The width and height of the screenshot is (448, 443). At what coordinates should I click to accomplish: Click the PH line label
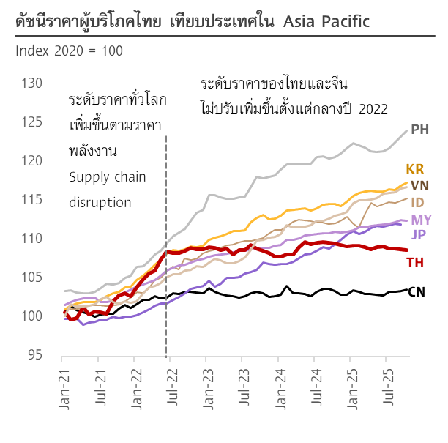tap(419, 130)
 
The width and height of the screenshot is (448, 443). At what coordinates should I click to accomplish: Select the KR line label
tap(415, 169)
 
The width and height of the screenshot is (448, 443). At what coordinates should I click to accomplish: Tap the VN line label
tap(419, 185)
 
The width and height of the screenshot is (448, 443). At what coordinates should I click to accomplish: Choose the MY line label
tap(421, 220)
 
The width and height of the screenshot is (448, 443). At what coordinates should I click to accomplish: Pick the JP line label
tap(418, 234)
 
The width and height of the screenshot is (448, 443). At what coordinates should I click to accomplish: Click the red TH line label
tap(415, 262)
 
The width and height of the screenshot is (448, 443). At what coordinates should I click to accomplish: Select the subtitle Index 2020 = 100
tap(69, 51)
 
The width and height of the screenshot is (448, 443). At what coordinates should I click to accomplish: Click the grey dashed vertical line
tap(166, 220)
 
